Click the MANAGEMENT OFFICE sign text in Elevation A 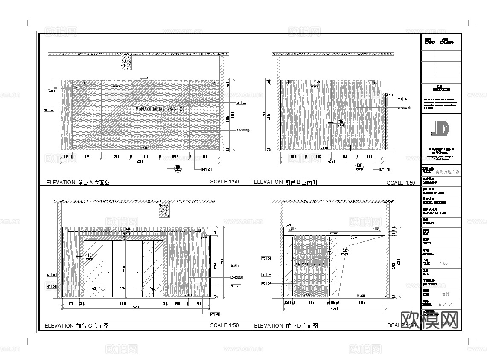pos(160,110)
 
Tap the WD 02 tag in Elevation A pos(49,110)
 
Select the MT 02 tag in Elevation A pos(241,103)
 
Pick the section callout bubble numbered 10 pos(341,123)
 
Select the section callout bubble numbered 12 pos(345,251)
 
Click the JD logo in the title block pos(440,130)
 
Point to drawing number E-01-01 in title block pos(445,305)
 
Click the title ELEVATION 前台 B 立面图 pos(285,182)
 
